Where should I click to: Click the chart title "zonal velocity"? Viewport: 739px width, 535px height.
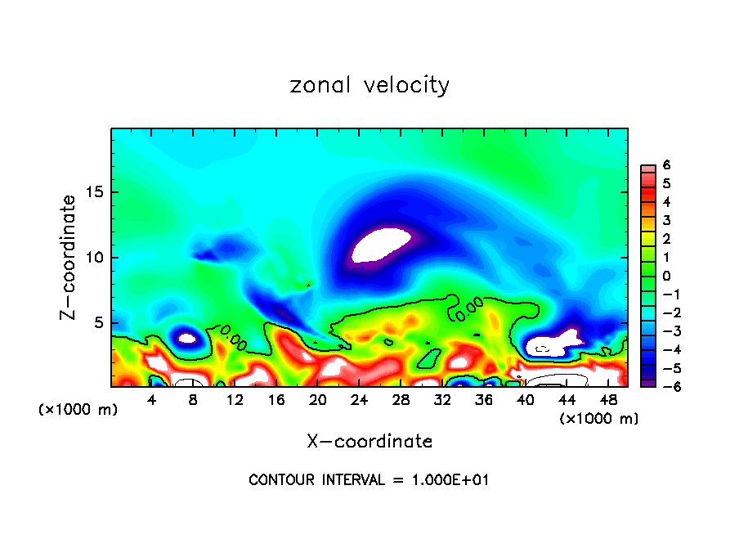(369, 85)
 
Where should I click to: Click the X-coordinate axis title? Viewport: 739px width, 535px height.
(369, 442)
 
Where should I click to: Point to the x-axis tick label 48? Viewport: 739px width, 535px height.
(608, 400)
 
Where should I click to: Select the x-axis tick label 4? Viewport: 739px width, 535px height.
(152, 400)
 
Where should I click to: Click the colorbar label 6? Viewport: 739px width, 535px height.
(667, 165)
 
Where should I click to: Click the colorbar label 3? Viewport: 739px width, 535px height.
(667, 220)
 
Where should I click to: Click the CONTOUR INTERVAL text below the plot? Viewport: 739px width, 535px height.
(369, 480)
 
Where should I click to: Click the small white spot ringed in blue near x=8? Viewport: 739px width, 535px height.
(187, 337)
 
